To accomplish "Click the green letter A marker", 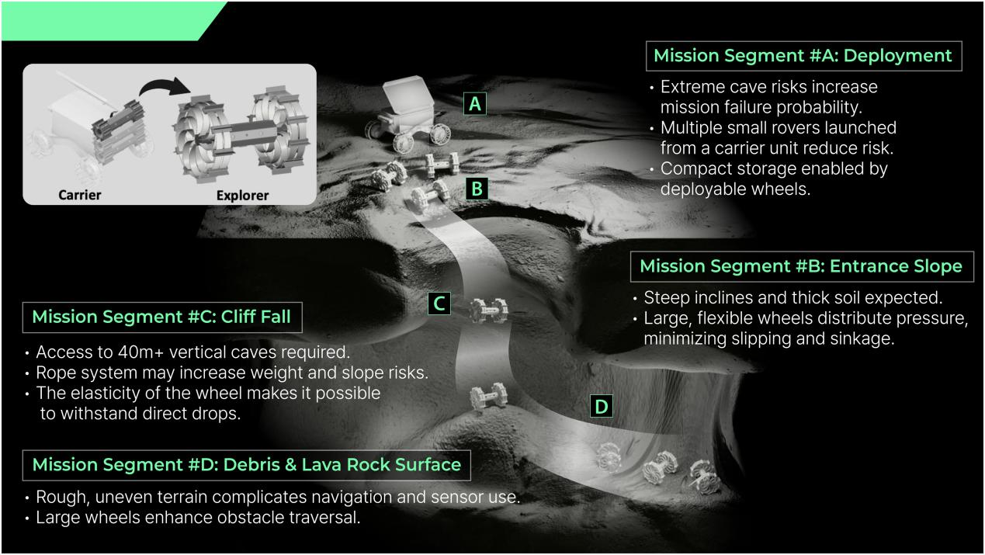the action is coord(475,104).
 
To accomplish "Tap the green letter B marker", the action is coord(477,189).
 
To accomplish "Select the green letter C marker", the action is coord(439,304).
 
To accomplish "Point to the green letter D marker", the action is coord(601,407).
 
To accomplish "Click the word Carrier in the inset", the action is coord(80,195).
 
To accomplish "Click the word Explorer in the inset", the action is coord(242,196).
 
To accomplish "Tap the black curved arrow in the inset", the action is coord(165,86).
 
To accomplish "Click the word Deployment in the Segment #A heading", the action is coord(897,56).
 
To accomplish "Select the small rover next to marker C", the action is coord(487,310).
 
